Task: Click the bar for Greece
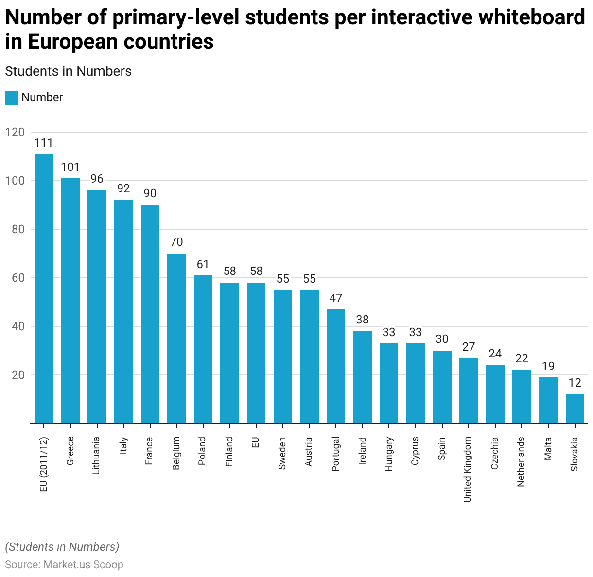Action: pos(70,301)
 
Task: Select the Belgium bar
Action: pos(176,338)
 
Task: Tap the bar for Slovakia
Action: pos(575,408)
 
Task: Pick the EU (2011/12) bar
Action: pos(44,288)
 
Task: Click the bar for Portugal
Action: pos(336,366)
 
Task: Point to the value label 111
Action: pos(44,143)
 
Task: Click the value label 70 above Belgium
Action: pos(176,242)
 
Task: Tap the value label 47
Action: pos(336,298)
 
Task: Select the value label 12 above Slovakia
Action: pos(575,383)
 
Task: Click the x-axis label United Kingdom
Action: pos(468,469)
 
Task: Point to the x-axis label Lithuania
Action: pos(96,456)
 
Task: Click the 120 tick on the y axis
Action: pos(15,132)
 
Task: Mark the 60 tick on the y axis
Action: pos(17,278)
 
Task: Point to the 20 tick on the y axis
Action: pos(17,375)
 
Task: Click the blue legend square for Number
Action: pos(12,98)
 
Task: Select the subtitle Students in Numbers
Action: pos(68,71)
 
